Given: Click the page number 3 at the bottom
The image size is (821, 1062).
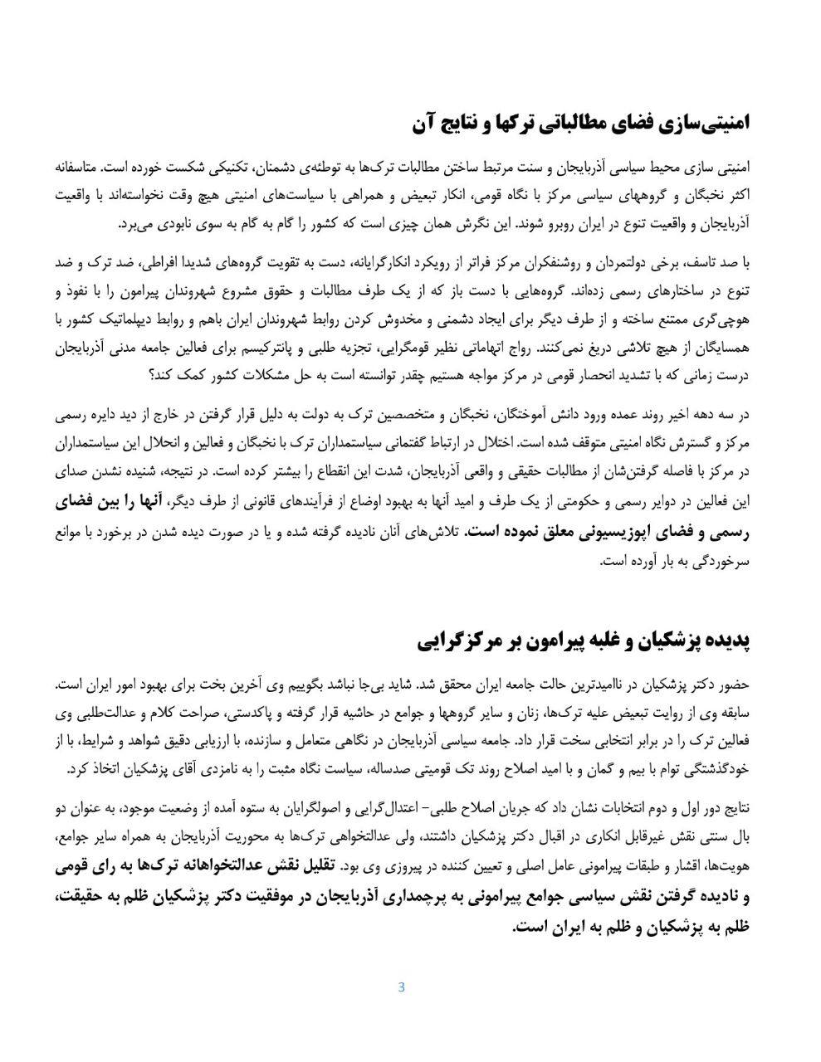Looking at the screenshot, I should tap(401, 986).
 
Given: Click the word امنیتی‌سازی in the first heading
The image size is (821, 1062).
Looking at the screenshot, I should tap(703, 124).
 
